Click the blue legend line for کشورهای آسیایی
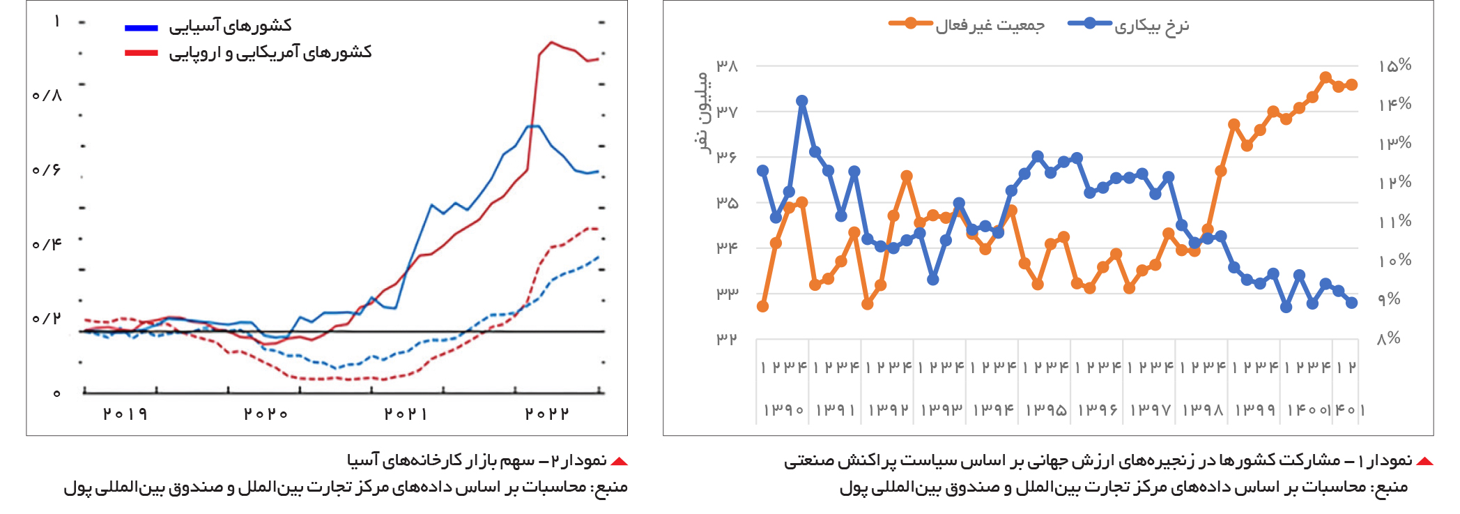(141, 28)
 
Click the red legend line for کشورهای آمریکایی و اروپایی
(141, 53)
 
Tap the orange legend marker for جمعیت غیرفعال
(910, 24)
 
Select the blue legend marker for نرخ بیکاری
(1090, 24)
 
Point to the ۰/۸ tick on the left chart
(47, 95)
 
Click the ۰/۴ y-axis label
(47, 244)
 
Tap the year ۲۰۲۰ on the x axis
(266, 414)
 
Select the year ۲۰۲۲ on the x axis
(547, 414)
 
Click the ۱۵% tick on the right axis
(1394, 66)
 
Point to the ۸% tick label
(1389, 338)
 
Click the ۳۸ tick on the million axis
(727, 66)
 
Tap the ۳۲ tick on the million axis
(727, 339)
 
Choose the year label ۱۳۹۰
(783, 410)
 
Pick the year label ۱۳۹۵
(1045, 410)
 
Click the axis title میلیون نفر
(705, 112)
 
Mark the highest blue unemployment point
(802, 101)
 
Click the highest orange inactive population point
(1325, 77)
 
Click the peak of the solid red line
(551, 42)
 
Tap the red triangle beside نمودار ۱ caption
(1424, 462)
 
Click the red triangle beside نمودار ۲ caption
(619, 462)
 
